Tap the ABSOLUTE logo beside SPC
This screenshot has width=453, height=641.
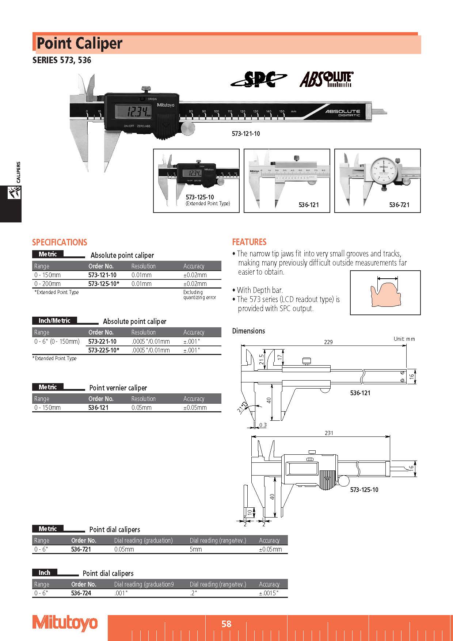[x=326, y=79]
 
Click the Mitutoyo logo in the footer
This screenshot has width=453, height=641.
[x=65, y=623]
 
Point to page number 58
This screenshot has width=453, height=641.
[x=226, y=624]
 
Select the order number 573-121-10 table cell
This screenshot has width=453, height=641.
[x=102, y=275]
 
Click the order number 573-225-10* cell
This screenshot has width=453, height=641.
[x=104, y=350]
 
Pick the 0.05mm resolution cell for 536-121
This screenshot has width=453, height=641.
[x=141, y=408]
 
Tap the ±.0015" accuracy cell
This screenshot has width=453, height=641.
[x=269, y=593]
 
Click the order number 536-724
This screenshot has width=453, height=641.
[x=81, y=593]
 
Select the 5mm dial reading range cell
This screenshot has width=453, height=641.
[x=196, y=549]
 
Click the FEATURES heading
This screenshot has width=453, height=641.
[x=249, y=242]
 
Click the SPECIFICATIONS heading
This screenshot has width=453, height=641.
[x=60, y=243]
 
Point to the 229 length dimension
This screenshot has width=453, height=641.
[x=328, y=342]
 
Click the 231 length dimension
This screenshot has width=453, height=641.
[x=329, y=433]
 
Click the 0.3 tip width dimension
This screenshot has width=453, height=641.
[x=263, y=425]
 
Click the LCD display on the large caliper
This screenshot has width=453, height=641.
[x=134, y=111]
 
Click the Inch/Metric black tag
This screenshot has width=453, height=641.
[x=54, y=321]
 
